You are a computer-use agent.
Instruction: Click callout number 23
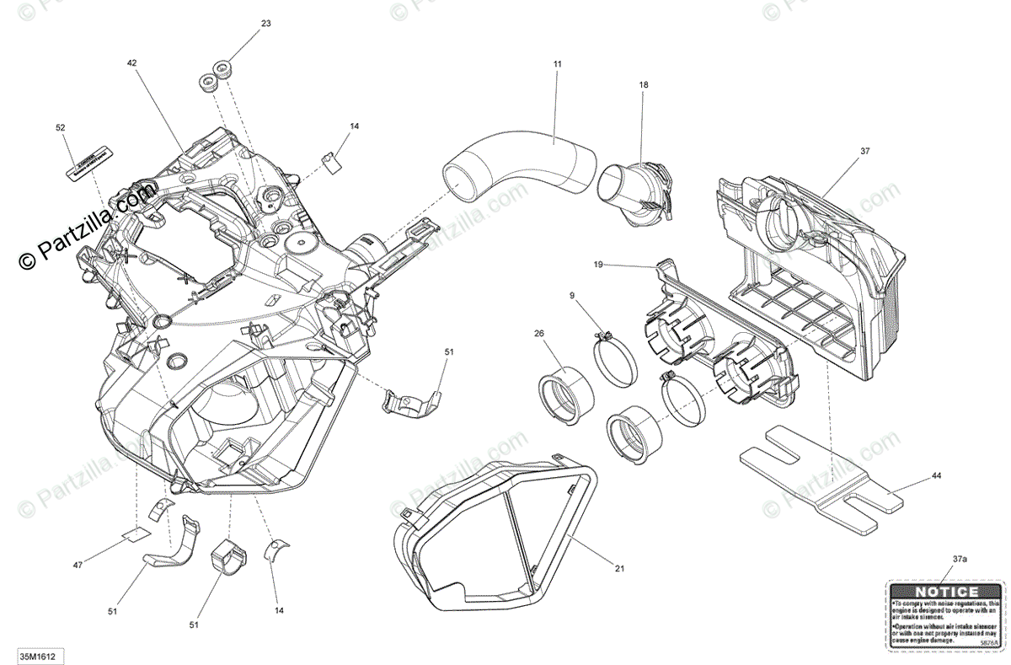tap(266, 24)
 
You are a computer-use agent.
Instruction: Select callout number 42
tap(131, 62)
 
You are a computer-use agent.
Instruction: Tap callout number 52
tap(60, 127)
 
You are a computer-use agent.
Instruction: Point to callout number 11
tap(557, 64)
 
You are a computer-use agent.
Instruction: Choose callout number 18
tap(644, 84)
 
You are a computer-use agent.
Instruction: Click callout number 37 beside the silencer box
tap(864, 151)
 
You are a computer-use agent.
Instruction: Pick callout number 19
tap(598, 265)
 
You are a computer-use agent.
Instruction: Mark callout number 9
tap(572, 295)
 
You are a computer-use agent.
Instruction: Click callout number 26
tap(539, 334)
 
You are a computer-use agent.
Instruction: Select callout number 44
tap(936, 476)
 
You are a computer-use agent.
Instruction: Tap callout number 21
tap(619, 568)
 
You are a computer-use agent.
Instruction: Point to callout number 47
tap(78, 565)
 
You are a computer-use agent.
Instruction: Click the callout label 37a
tap(960, 559)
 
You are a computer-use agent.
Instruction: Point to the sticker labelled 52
tap(89, 162)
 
